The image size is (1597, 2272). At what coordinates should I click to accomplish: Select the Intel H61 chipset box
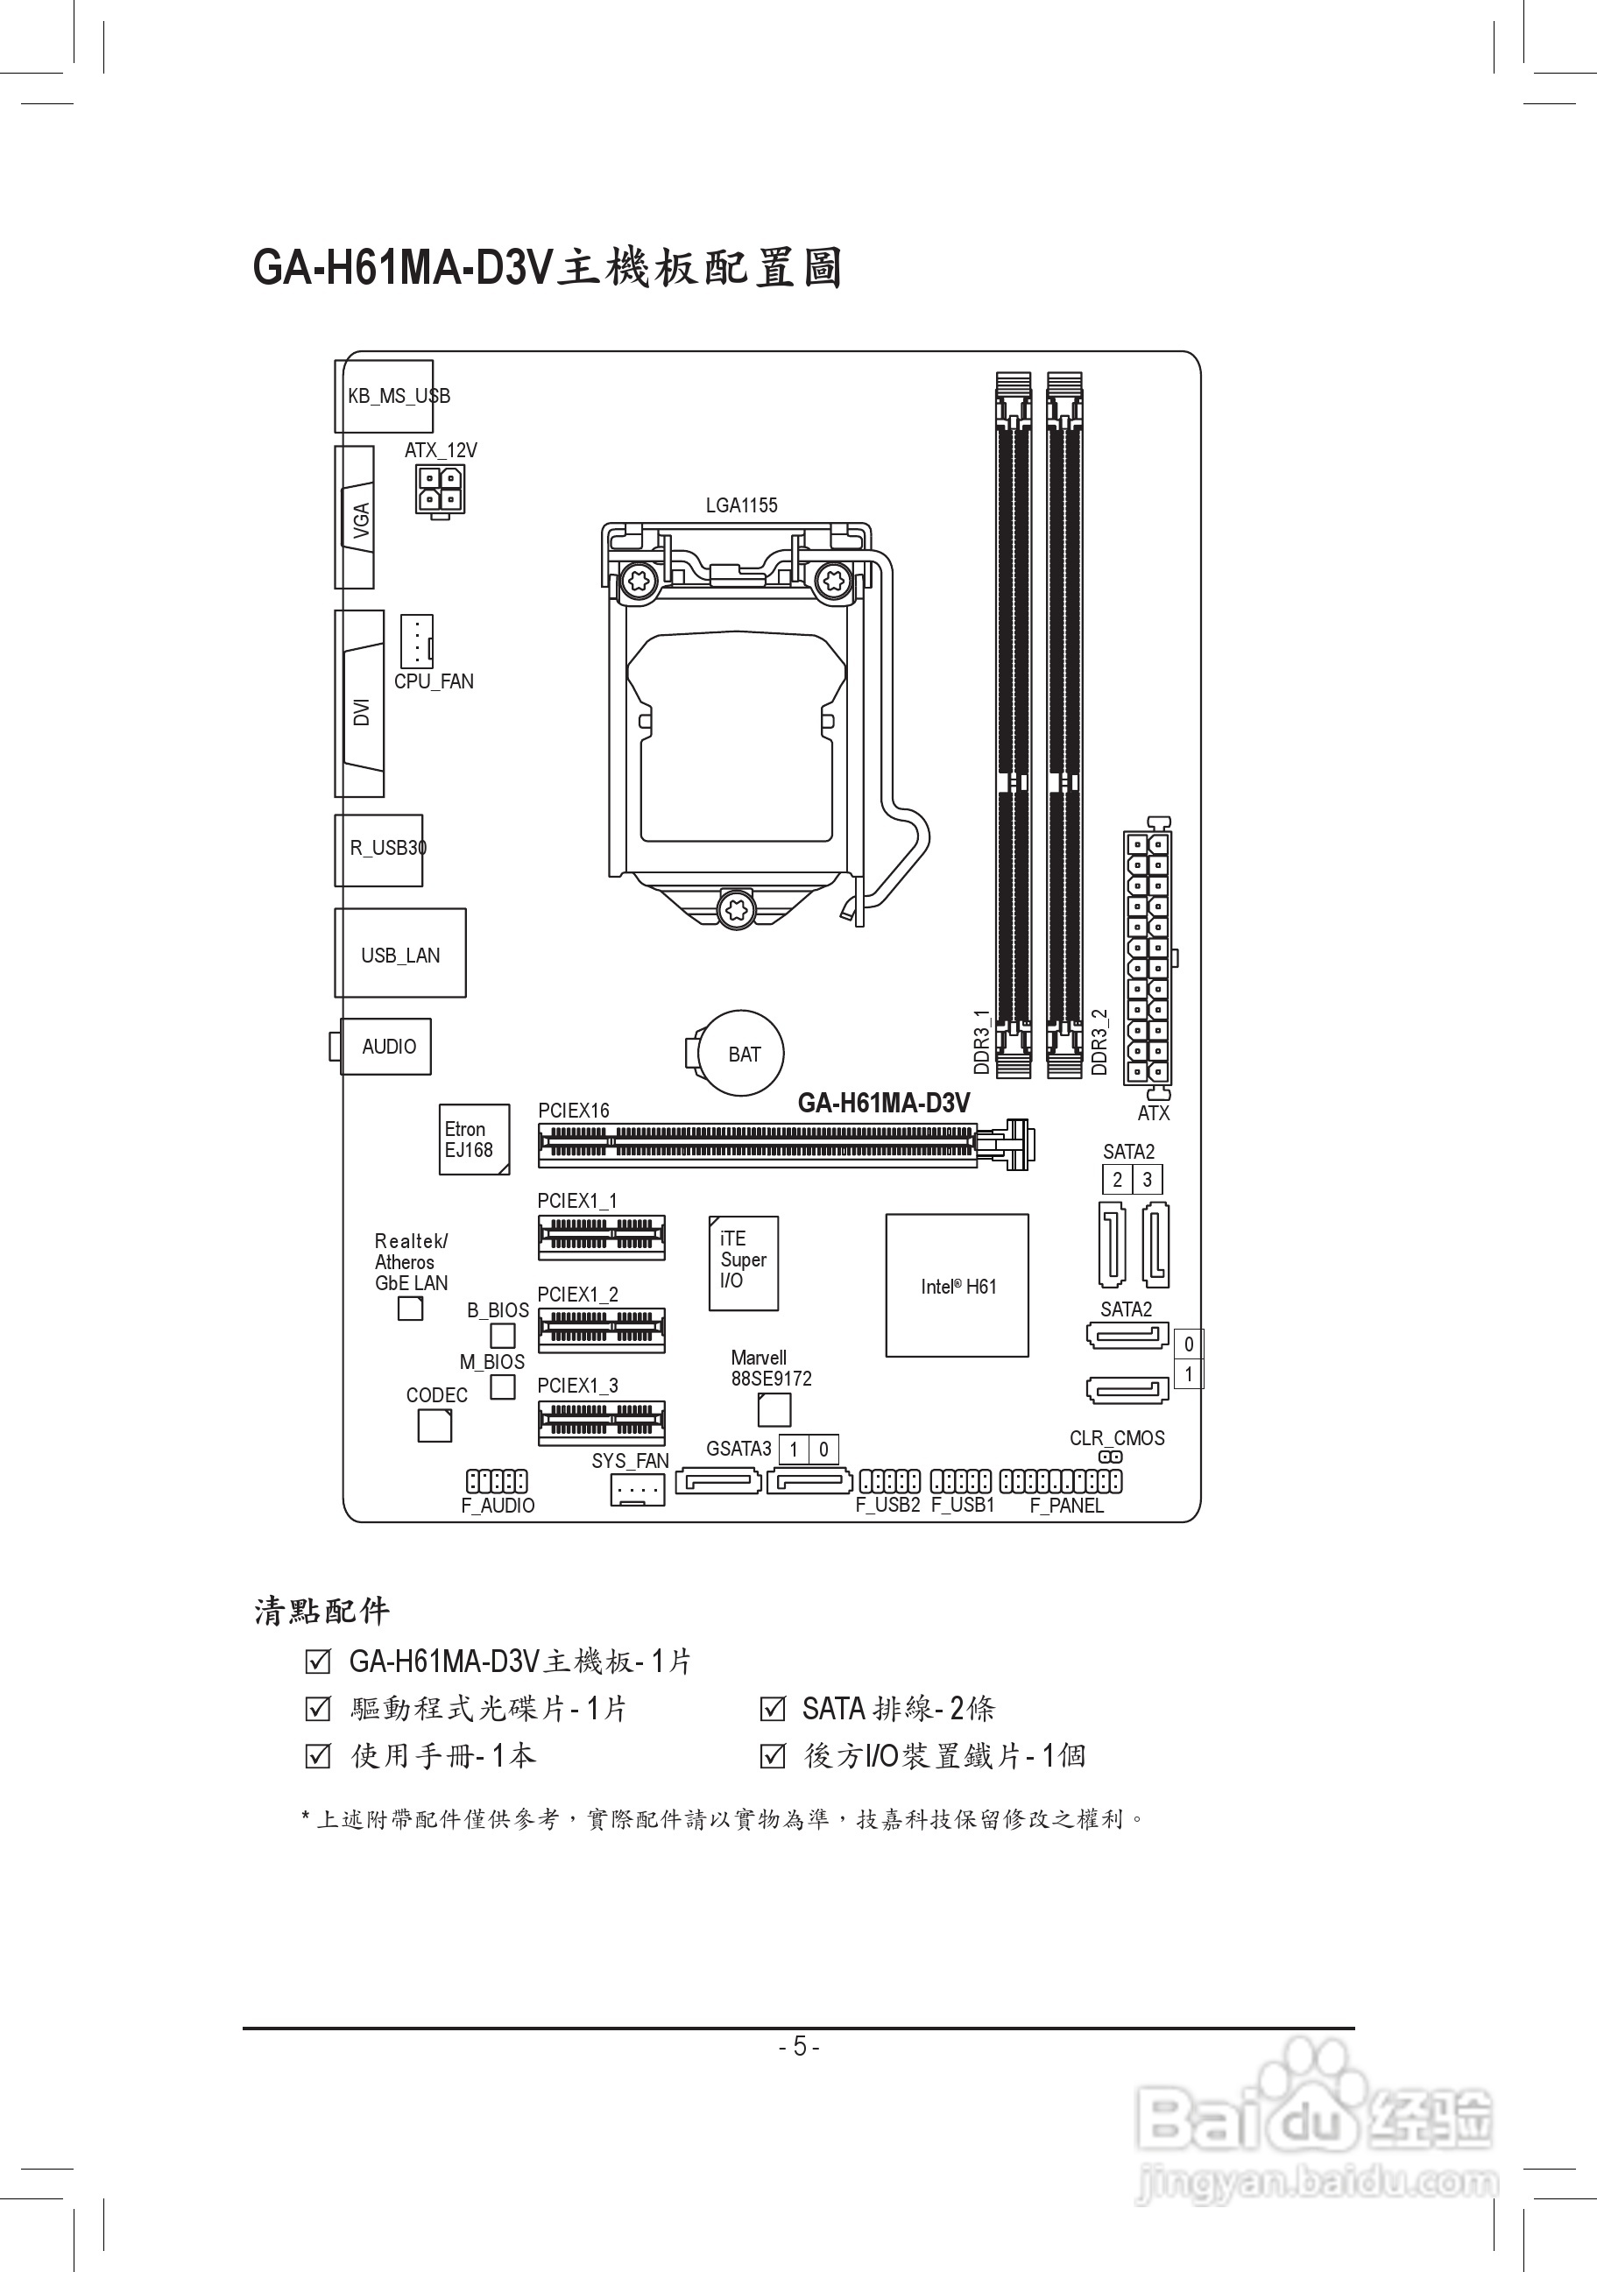tap(957, 1286)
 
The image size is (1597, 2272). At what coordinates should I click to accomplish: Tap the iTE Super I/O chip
tap(743, 1263)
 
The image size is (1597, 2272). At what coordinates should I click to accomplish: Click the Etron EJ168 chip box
tap(474, 1139)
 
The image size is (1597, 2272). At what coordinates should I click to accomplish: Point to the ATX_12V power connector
tap(439, 489)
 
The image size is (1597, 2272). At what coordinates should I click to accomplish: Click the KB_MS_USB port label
tap(399, 396)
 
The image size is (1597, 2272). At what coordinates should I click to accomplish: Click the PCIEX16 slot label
tap(573, 1111)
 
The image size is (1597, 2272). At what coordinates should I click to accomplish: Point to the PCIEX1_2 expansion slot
tap(601, 1331)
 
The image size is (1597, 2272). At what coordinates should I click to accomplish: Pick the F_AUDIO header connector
tap(497, 1481)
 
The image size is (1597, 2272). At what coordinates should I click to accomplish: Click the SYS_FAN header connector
tap(637, 1489)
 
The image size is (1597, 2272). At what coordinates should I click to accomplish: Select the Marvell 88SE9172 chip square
tap(774, 1410)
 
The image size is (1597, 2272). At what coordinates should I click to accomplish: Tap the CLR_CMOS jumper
tap(1111, 1457)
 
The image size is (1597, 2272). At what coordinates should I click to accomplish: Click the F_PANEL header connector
tap(1061, 1481)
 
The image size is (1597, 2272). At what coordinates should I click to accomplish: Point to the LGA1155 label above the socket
tap(741, 504)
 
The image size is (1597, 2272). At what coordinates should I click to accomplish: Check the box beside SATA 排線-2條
tap(772, 1709)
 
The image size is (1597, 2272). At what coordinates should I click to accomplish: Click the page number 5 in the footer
tap(799, 2045)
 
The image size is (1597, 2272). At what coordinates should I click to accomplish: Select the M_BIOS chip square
tap(503, 1386)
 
